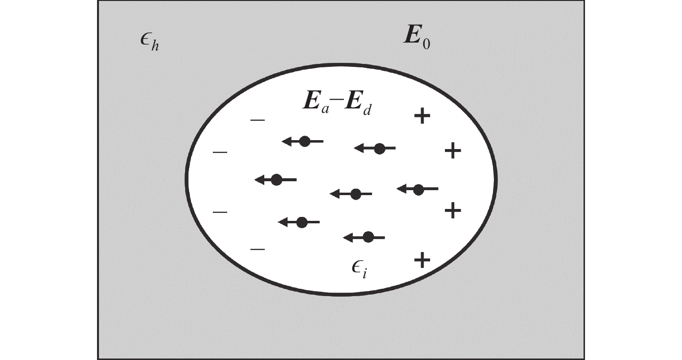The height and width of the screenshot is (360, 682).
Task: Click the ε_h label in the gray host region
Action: tap(149, 42)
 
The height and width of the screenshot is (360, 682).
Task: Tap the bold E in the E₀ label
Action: tap(413, 35)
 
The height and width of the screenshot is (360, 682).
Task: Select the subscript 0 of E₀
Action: tap(427, 44)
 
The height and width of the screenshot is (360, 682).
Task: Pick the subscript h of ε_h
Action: tap(155, 46)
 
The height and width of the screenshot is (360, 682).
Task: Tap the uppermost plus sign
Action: tap(422, 116)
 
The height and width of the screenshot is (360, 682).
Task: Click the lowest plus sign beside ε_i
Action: tap(422, 260)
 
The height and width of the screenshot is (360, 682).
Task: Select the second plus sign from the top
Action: tap(453, 151)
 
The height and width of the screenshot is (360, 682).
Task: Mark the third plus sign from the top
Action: tap(453, 210)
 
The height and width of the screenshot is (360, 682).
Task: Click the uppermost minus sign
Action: tap(257, 120)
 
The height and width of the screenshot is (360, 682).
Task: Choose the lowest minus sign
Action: tap(257, 250)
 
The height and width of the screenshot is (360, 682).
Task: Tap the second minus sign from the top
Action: tap(220, 152)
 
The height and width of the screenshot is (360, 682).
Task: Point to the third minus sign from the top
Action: tap(220, 212)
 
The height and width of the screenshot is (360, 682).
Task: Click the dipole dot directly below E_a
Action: tap(305, 141)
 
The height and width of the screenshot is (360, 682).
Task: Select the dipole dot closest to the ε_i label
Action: tap(368, 237)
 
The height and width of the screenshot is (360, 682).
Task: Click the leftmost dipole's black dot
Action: tap(277, 180)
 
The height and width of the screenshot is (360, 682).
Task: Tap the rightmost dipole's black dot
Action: tap(418, 190)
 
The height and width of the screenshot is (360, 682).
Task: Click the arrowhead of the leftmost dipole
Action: tap(259, 180)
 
